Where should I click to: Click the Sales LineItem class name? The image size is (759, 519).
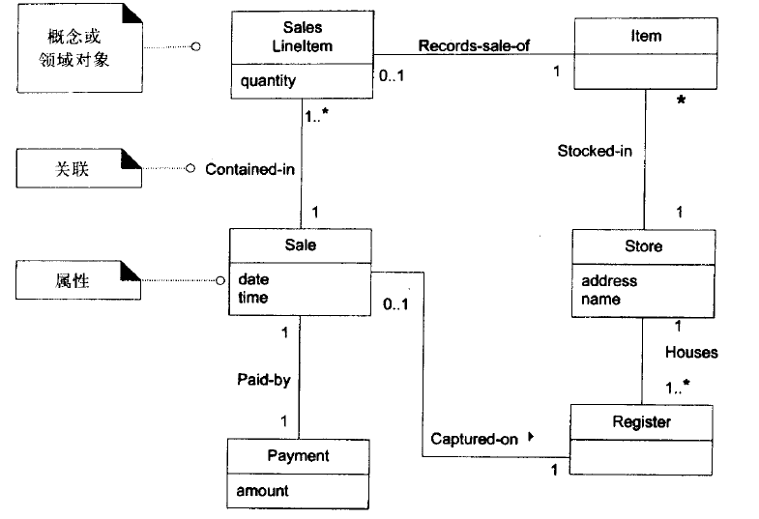pyautogui.click(x=303, y=37)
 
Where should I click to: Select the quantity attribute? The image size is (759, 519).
pyautogui.click(x=269, y=81)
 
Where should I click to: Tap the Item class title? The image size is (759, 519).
pyautogui.click(x=645, y=36)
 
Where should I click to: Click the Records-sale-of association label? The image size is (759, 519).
pyautogui.click(x=473, y=45)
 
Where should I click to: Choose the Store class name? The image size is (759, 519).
pyautogui.click(x=643, y=245)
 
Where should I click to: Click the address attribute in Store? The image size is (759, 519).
pyautogui.click(x=609, y=281)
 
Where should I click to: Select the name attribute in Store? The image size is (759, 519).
pyautogui.click(x=600, y=300)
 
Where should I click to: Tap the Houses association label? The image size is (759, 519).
pyautogui.click(x=690, y=353)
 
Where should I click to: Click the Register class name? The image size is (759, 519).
pyautogui.click(x=641, y=421)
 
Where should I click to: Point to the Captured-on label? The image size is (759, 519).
pyautogui.click(x=474, y=439)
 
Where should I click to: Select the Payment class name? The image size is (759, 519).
pyautogui.click(x=299, y=455)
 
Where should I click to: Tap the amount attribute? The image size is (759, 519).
pyautogui.click(x=263, y=491)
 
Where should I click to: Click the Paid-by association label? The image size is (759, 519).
pyautogui.click(x=263, y=380)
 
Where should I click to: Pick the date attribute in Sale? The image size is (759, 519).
pyautogui.click(x=253, y=279)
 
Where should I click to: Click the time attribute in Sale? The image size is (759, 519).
pyautogui.click(x=253, y=298)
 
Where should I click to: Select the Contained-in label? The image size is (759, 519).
pyautogui.click(x=249, y=169)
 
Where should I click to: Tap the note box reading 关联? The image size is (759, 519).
pyautogui.click(x=73, y=168)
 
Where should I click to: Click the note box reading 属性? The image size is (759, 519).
pyautogui.click(x=73, y=280)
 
